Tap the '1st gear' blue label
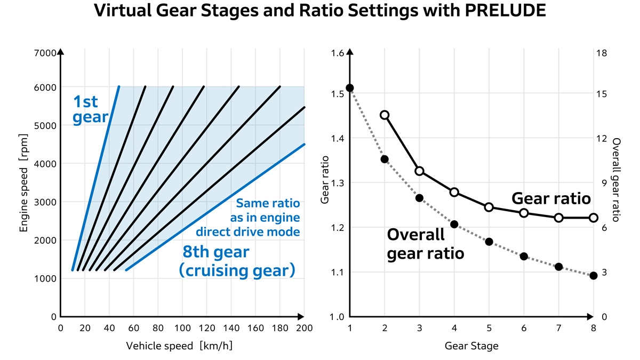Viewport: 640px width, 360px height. tap(90, 109)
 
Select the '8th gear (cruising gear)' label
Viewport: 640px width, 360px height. tap(237, 261)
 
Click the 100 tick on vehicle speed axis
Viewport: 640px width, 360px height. tap(182, 327)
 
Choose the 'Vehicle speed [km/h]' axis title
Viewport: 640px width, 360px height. tap(179, 346)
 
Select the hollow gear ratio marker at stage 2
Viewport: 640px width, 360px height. tap(385, 115)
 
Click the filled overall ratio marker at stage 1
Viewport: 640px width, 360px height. tap(350, 88)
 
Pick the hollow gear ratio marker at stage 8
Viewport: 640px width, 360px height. tap(593, 218)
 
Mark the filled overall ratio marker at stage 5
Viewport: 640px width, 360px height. tap(489, 242)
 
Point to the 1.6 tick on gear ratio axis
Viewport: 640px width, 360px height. tap(337, 53)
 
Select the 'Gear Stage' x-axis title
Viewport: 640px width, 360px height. tap(471, 346)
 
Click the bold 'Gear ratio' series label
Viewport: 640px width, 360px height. tap(551, 198)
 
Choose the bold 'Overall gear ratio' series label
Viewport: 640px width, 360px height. tap(425, 244)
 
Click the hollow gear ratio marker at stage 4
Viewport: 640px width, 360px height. tap(454, 192)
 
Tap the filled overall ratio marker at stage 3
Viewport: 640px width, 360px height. tap(419, 198)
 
